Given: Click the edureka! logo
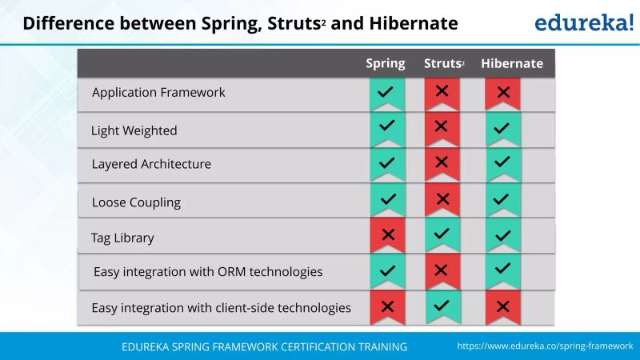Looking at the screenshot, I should pyautogui.click(x=583, y=22).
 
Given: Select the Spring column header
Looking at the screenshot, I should pyautogui.click(x=386, y=64).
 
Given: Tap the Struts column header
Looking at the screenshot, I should pyautogui.click(x=443, y=64).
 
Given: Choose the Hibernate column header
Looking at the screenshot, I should pyautogui.click(x=512, y=64).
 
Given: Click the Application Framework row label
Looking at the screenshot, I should pyautogui.click(x=158, y=93).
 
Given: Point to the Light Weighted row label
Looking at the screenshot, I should pyautogui.click(x=134, y=130).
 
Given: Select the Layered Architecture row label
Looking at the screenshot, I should pyautogui.click(x=151, y=165).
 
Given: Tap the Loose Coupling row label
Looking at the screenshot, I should pyautogui.click(x=136, y=202).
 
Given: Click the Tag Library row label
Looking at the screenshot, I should pyautogui.click(x=122, y=238).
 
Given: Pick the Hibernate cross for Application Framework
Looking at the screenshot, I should pyautogui.click(x=503, y=92).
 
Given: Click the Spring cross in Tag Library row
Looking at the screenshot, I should pyautogui.click(x=387, y=235).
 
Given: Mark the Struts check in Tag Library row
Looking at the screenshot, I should pyautogui.click(x=442, y=234).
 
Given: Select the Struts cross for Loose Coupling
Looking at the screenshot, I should pyautogui.click(x=442, y=199).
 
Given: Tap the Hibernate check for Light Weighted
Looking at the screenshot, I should pyautogui.click(x=502, y=128).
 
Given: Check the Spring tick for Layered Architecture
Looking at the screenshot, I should pyautogui.click(x=387, y=162).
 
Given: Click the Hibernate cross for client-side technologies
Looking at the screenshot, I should pyautogui.click(x=502, y=306).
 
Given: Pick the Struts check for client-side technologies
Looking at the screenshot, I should pyautogui.click(x=442, y=306).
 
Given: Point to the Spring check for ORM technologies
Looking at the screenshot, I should pyautogui.click(x=387, y=270).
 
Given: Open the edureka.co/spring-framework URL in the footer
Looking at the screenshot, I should pyautogui.click(x=545, y=346).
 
